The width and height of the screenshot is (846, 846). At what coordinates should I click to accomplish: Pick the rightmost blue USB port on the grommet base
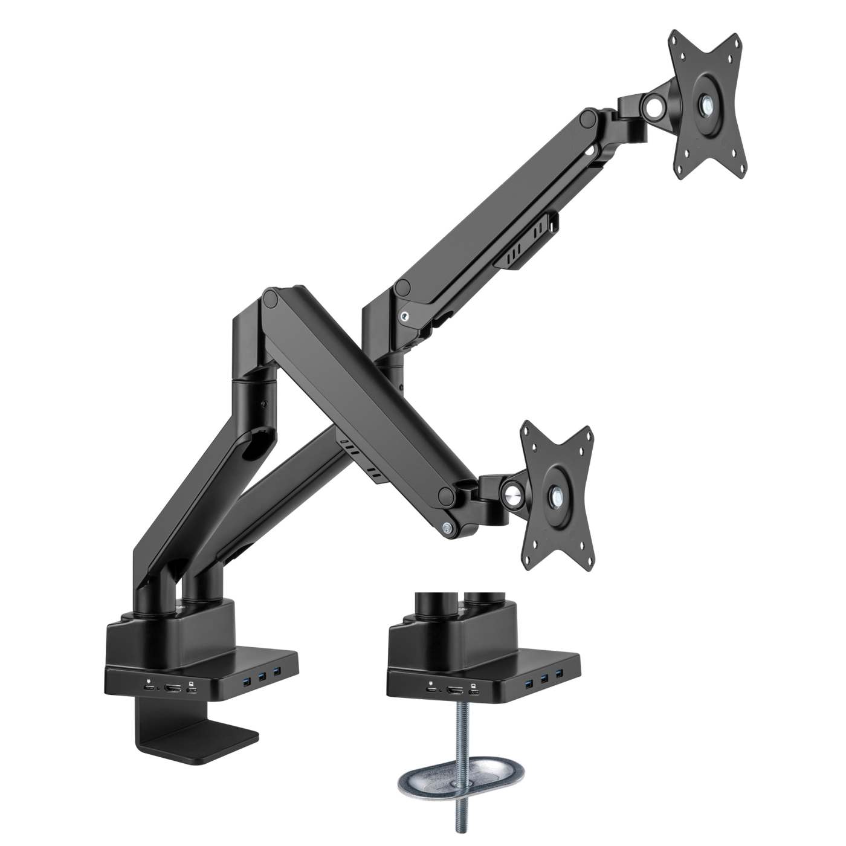tap(560, 679)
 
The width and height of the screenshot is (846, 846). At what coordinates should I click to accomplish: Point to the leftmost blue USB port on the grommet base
tap(530, 680)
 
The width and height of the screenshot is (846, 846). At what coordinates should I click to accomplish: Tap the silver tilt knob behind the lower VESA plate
tap(513, 489)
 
